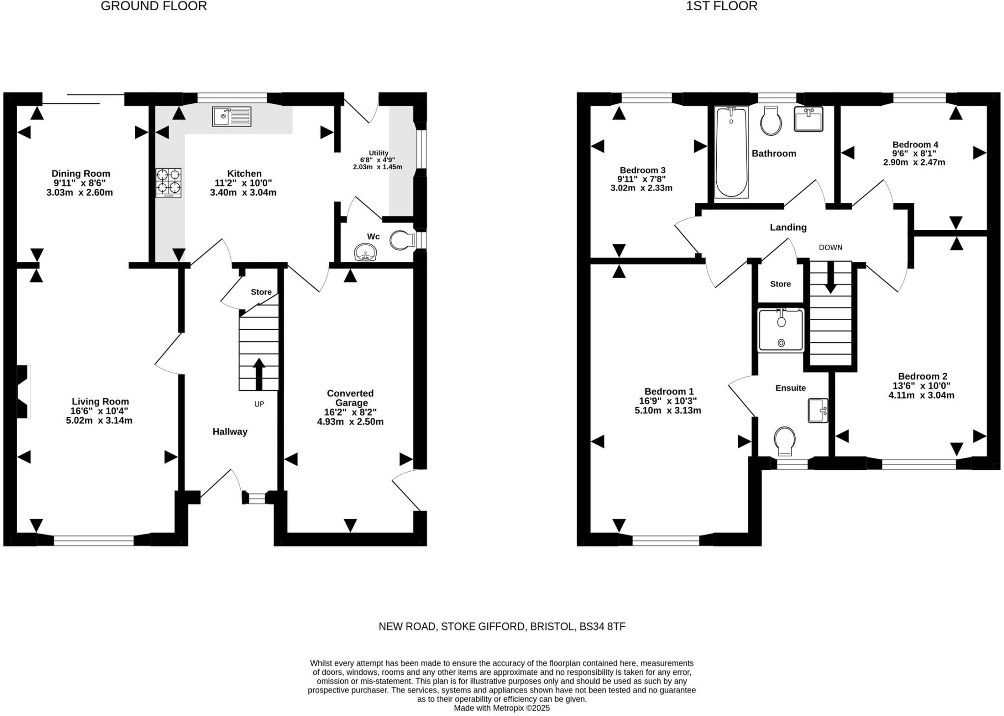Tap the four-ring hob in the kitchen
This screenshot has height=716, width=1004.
pyautogui.click(x=169, y=182)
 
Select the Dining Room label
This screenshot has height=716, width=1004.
pyautogui.click(x=81, y=174)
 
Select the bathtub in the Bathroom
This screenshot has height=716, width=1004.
pyautogui.click(x=731, y=152)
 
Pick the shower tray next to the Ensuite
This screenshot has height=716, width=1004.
pyautogui.click(x=781, y=330)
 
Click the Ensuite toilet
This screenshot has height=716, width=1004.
pyautogui.click(x=784, y=440)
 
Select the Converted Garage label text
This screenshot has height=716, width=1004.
pyautogui.click(x=351, y=398)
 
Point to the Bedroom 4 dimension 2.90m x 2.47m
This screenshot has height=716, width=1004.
pyautogui.click(x=914, y=162)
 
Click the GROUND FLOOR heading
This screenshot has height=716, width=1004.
pyautogui.click(x=154, y=6)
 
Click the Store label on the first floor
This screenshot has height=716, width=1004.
pyautogui.click(x=780, y=284)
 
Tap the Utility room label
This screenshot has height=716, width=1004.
pyautogui.click(x=378, y=153)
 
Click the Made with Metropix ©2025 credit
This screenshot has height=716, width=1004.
pyautogui.click(x=502, y=708)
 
